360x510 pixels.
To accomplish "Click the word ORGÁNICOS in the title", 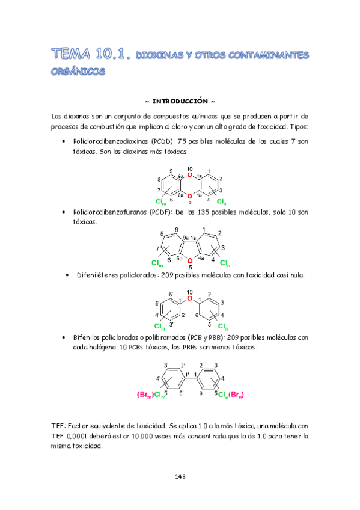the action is pos(78,71).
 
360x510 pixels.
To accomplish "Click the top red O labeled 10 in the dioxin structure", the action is pos(189,174).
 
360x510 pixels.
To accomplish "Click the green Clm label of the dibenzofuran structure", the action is pos(157,263).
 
